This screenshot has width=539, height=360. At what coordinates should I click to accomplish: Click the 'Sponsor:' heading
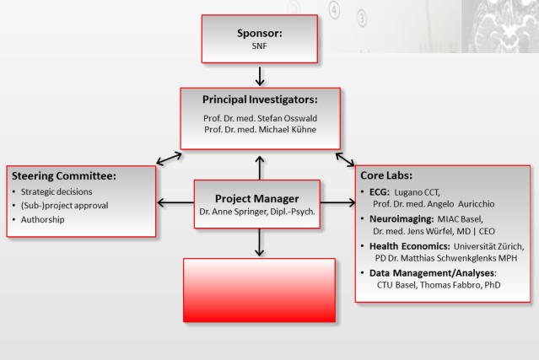coord(260,34)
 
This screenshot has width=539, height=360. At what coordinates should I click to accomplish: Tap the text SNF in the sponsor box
coord(260,46)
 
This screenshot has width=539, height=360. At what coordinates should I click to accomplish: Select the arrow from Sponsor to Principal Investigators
coord(260,76)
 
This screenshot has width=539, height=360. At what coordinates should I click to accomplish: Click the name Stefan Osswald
coord(287,118)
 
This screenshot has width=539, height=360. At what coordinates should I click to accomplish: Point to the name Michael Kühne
coord(288,130)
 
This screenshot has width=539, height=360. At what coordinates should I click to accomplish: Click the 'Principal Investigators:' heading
coord(260,99)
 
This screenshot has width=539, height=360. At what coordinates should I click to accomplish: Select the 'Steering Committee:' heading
coord(64,176)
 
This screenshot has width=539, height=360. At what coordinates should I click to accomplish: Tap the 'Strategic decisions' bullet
coord(57,191)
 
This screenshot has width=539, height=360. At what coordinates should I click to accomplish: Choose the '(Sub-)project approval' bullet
coord(65,206)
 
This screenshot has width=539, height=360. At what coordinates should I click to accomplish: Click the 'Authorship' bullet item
coord(43,219)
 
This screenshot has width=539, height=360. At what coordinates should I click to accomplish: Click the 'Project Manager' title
coord(256,199)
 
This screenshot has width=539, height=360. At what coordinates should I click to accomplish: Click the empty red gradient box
coord(260,290)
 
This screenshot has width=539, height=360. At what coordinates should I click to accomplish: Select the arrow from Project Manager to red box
coord(260,243)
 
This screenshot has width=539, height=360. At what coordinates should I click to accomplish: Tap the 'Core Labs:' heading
coord(386,175)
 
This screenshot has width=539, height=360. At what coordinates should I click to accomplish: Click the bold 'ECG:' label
coord(380,192)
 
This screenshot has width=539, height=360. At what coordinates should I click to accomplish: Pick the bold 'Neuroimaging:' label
coord(402,219)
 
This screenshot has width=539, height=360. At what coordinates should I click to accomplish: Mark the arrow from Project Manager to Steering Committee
coord(175,202)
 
